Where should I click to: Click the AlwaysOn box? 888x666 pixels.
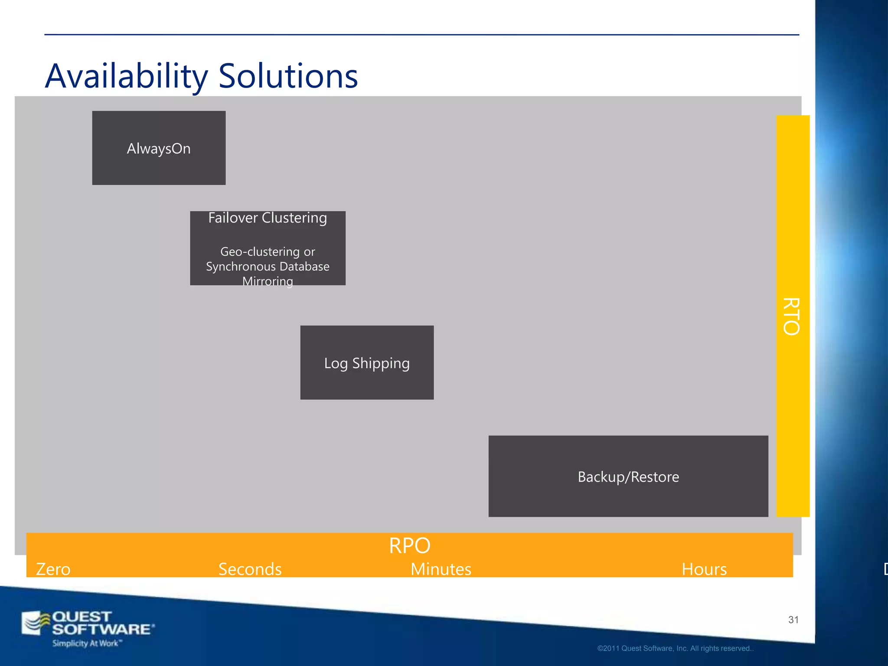click(x=159, y=148)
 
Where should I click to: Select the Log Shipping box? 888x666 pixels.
click(x=367, y=363)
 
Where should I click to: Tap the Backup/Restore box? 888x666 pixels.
click(x=628, y=477)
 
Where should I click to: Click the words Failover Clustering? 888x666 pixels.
click(x=268, y=218)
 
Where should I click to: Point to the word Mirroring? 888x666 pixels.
click(x=268, y=281)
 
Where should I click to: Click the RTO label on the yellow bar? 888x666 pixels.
click(x=792, y=317)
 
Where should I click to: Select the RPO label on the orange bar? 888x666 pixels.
click(x=409, y=545)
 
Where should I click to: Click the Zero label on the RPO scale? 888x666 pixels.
click(x=53, y=569)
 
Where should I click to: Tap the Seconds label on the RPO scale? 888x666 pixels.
click(x=250, y=569)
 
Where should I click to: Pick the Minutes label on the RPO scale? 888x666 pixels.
click(x=441, y=569)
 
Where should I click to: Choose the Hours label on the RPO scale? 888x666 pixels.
click(x=704, y=569)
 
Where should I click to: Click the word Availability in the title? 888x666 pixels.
click(x=127, y=76)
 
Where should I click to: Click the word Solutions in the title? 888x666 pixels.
click(x=288, y=76)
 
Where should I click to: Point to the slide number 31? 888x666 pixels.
click(x=793, y=620)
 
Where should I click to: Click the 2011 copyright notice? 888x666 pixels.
click(x=675, y=648)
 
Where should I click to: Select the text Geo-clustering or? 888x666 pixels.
click(x=268, y=251)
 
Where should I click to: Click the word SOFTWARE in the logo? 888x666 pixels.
click(x=102, y=629)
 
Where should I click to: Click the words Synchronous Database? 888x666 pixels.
click(x=268, y=266)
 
